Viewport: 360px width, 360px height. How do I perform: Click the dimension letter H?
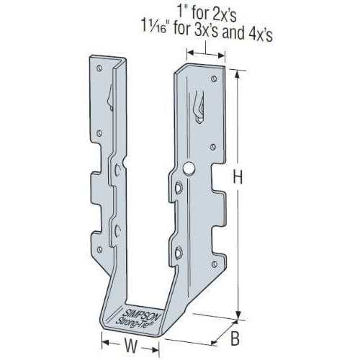point(238,178)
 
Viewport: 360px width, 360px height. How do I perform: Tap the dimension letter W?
point(131,345)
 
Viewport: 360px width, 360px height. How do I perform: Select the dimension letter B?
point(235,338)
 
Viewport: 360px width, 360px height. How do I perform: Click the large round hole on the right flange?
point(189,168)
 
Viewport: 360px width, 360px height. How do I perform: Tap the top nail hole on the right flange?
point(214,78)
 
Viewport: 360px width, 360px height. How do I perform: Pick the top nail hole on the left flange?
point(99,68)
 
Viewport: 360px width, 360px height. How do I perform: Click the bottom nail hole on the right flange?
point(215,264)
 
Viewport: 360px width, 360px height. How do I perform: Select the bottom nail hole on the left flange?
point(99,250)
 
